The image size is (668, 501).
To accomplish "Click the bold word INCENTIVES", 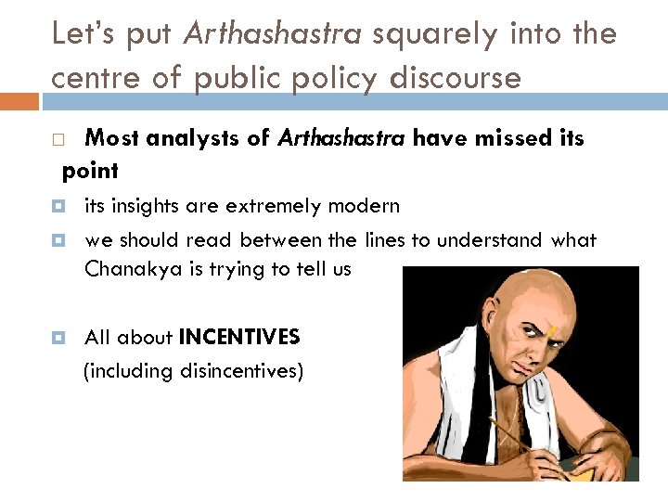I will [239, 336].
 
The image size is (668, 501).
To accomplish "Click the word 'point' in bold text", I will [90, 171].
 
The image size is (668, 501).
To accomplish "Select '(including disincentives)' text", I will [193, 371].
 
